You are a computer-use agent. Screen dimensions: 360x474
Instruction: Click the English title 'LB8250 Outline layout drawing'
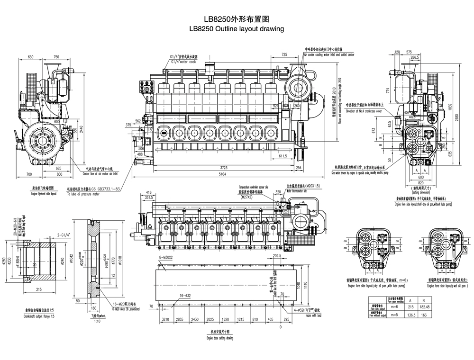click(236, 29)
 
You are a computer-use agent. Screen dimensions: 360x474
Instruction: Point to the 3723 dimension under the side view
click(224, 168)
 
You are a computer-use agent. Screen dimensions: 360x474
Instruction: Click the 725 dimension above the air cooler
click(284, 55)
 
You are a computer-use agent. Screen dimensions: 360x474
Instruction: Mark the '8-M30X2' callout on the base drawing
click(166, 257)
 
